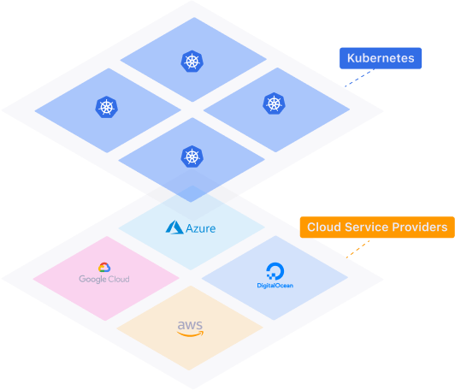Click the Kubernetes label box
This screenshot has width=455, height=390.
click(x=381, y=59)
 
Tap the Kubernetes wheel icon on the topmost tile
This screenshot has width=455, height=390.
click(x=191, y=61)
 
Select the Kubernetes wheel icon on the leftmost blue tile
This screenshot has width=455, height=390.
click(x=105, y=107)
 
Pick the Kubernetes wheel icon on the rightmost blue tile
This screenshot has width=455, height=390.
click(x=274, y=103)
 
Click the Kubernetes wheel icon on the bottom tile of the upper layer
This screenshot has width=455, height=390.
click(x=192, y=157)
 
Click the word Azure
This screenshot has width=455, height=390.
click(x=201, y=228)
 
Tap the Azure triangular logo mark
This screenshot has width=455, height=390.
click(x=175, y=227)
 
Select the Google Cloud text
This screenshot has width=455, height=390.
click(x=104, y=279)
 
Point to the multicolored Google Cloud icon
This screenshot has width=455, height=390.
click(x=104, y=268)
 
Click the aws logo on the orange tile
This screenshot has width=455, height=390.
click(x=190, y=327)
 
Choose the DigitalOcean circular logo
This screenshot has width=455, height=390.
click(x=275, y=270)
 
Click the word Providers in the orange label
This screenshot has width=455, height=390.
click(x=419, y=227)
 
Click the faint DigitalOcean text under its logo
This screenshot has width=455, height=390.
click(x=275, y=286)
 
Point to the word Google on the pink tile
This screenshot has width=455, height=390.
click(x=92, y=279)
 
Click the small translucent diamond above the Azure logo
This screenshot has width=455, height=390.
click(x=192, y=194)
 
